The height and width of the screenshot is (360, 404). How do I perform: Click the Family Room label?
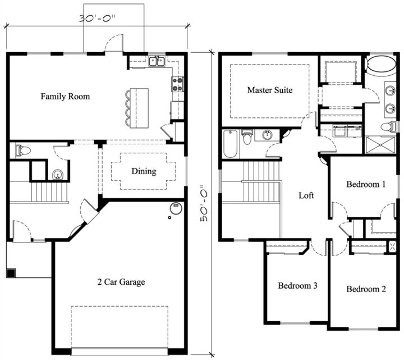pyautogui.click(x=65, y=97)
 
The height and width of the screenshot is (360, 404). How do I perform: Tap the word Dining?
pyautogui.click(x=144, y=171)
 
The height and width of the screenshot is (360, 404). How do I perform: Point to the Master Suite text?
pyautogui.click(x=270, y=90)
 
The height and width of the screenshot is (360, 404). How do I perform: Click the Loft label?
pyautogui.click(x=306, y=196)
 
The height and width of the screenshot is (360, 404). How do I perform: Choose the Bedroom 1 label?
pyautogui.click(x=366, y=184)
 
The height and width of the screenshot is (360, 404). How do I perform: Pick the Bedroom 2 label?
pyautogui.click(x=366, y=289)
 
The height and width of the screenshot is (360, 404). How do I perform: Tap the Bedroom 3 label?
pyautogui.click(x=298, y=286)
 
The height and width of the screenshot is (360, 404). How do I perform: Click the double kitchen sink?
pyautogui.click(x=157, y=61)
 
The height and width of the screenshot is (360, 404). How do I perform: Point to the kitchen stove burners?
pyautogui.click(x=178, y=84)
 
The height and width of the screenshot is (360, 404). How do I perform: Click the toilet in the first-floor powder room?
pyautogui.click(x=23, y=150)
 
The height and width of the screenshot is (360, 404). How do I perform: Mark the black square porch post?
pyautogui.click(x=12, y=274)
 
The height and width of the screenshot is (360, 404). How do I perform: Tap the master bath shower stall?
pyautogui.click(x=381, y=145)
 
